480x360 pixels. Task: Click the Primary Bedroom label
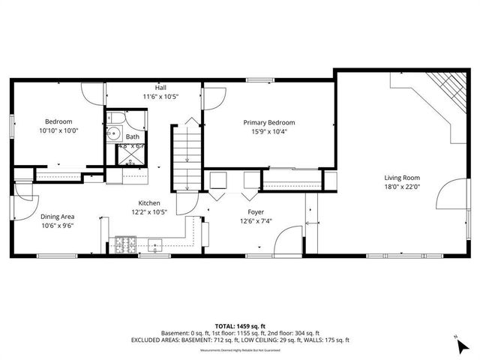click(x=268, y=122)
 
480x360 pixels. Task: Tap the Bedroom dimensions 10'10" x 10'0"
click(x=58, y=130)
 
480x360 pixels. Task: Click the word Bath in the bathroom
click(x=132, y=137)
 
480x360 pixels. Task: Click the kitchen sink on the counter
click(x=157, y=243)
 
